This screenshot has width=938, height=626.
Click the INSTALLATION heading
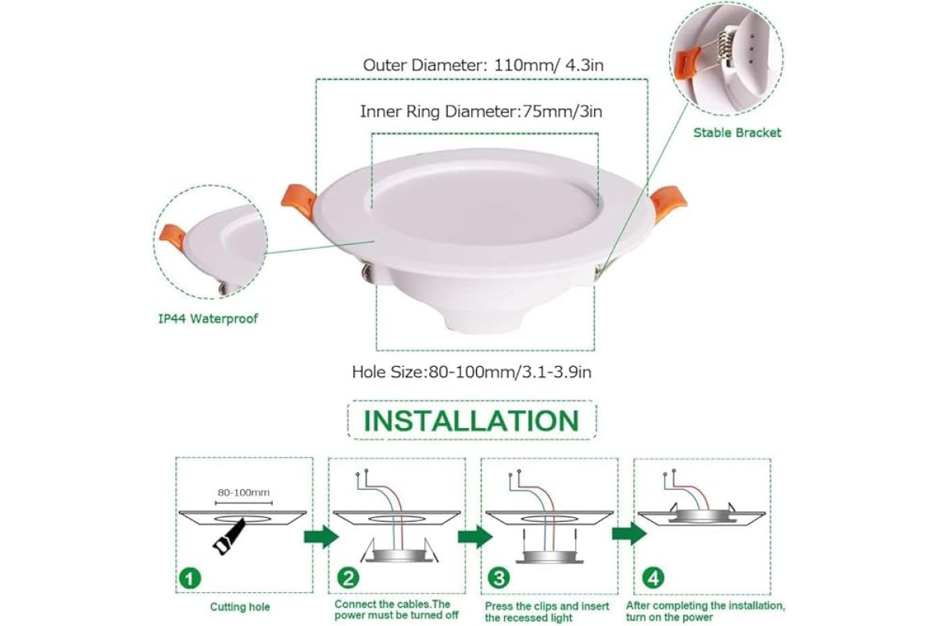(471, 420)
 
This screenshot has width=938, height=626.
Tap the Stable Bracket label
(737, 133)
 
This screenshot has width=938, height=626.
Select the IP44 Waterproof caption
(208, 318)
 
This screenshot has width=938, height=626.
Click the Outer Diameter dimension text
(483, 66)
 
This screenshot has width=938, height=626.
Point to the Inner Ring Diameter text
(482, 112)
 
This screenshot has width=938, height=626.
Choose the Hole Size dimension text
(471, 372)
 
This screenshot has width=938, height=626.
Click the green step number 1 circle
(190, 578)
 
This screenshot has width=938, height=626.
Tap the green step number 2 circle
(349, 578)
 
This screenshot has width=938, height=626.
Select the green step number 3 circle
(499, 578)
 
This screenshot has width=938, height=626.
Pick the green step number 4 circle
(653, 578)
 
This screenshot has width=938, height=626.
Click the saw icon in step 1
(229, 536)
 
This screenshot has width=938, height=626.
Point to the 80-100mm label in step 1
(243, 492)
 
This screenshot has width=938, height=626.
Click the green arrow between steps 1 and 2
(320, 536)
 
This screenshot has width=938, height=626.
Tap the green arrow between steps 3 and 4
(629, 534)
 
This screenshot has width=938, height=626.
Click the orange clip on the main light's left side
(299, 200)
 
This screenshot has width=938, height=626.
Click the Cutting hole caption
(240, 607)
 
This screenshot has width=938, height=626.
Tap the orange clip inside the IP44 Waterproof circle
(172, 237)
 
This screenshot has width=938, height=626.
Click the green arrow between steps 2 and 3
(475, 536)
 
